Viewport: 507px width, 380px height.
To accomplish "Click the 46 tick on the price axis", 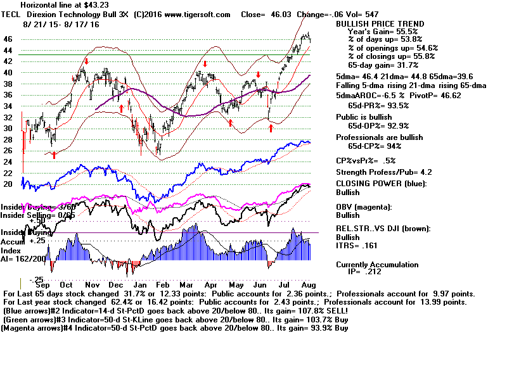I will pos(8,39).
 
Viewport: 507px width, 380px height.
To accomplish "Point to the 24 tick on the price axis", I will pos(8,161).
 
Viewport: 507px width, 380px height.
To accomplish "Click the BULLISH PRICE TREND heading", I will pos(380,23).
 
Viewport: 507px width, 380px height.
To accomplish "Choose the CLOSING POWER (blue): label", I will pos(381,184).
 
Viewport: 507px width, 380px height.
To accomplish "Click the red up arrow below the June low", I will pos(271,129).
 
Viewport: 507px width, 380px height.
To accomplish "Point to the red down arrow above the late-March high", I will pos(205,64).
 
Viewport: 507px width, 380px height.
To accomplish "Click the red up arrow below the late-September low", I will pos(55,154).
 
